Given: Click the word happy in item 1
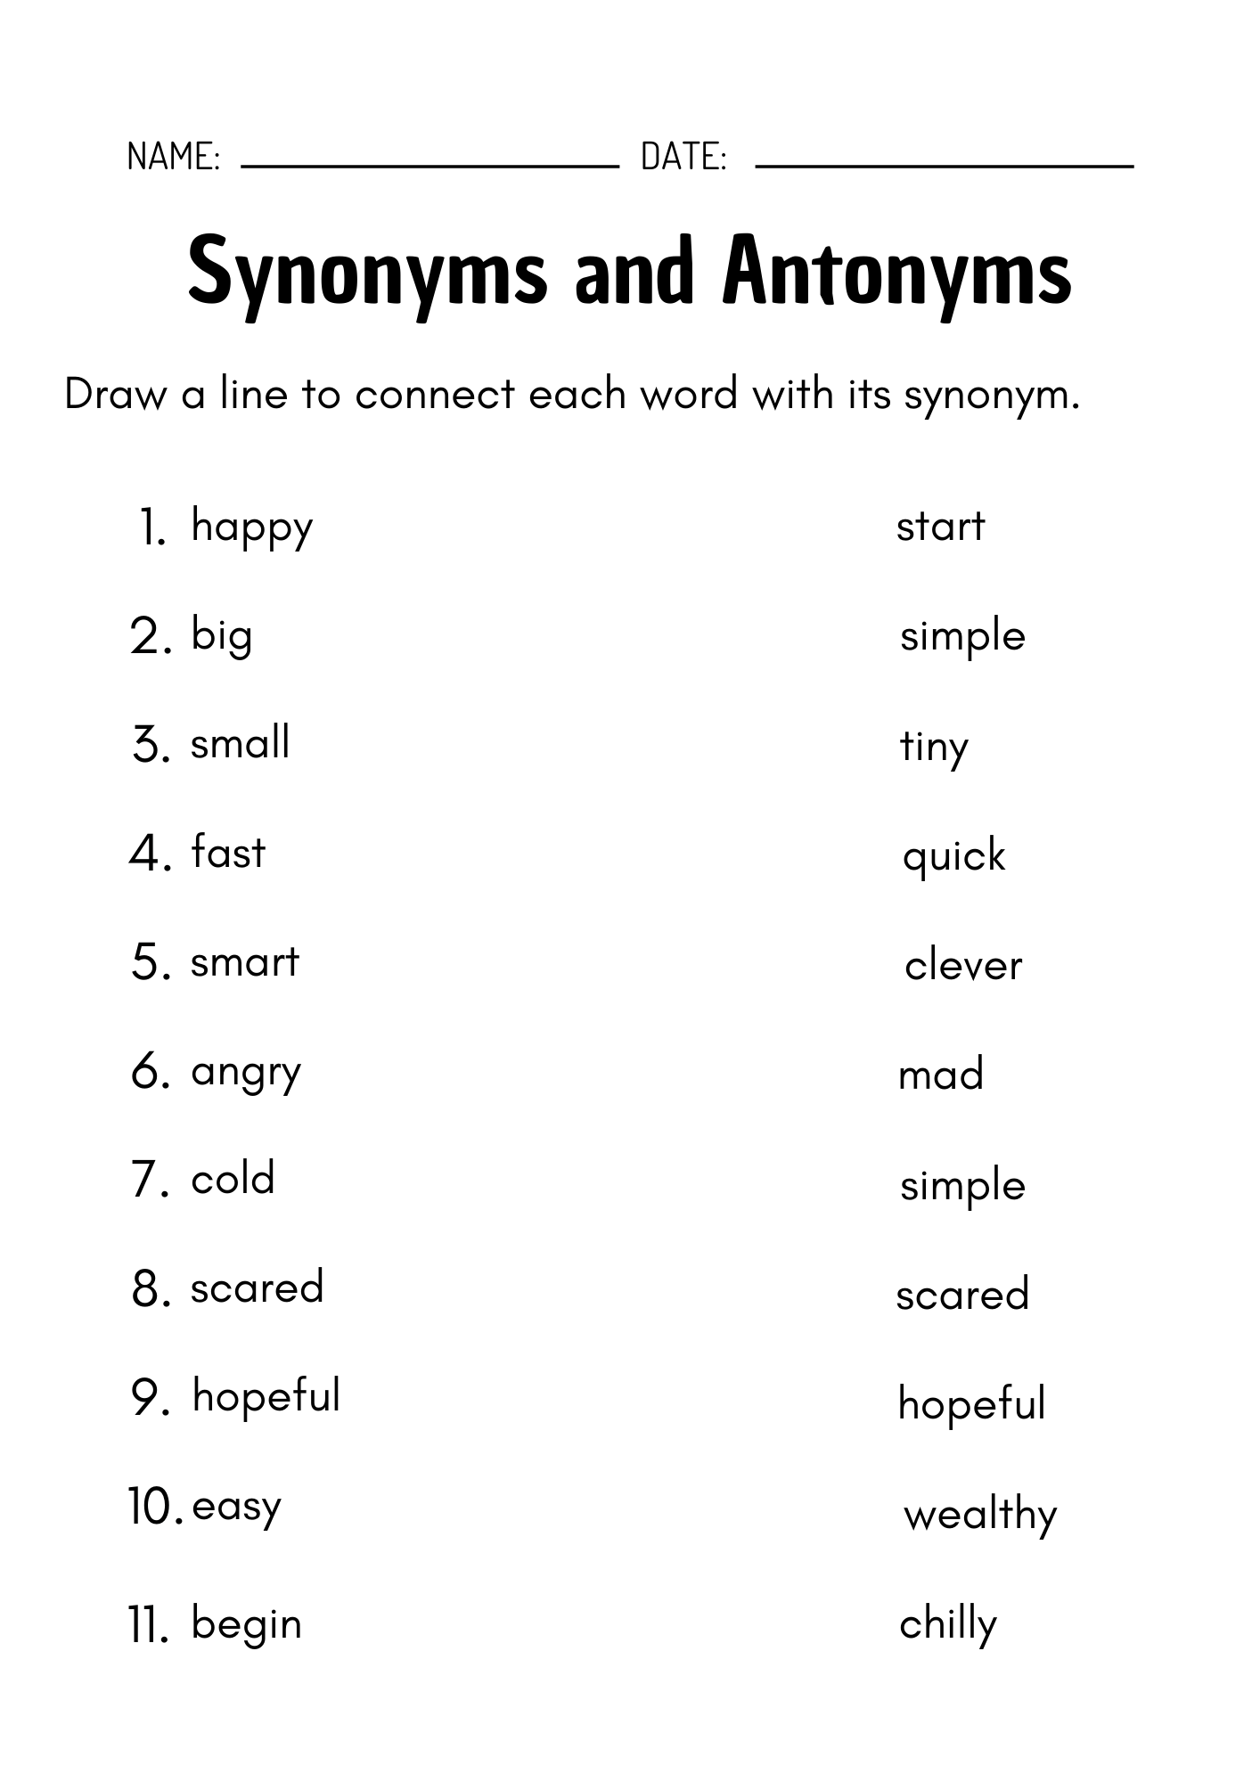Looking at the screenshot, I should (x=251, y=527).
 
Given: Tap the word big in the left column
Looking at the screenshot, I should (x=221, y=636).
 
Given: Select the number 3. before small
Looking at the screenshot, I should (x=151, y=745).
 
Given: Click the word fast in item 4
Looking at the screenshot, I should (x=228, y=852).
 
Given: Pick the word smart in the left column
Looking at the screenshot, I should (x=244, y=962).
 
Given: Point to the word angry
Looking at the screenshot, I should (x=246, y=1073).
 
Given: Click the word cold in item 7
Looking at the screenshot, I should (x=233, y=1179).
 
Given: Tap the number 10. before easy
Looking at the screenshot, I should (x=156, y=1507).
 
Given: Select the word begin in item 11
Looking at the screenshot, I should (x=246, y=1625).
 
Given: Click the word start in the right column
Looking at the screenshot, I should (x=940, y=527).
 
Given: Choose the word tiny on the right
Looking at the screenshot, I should (x=933, y=748).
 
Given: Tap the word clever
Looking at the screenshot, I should (x=963, y=966).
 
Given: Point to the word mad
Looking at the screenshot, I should (x=941, y=1075).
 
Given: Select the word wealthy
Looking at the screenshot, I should (x=980, y=1515).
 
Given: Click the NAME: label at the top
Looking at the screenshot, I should (x=174, y=156).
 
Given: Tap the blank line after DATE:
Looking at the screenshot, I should (x=944, y=165).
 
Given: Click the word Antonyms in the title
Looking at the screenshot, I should (x=897, y=272).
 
